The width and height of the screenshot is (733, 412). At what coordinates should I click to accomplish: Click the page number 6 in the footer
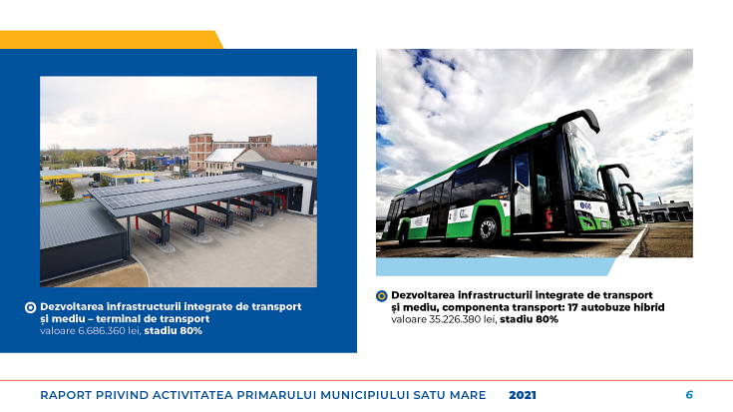point(689,395)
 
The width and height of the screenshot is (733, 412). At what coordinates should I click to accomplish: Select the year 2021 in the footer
point(523,395)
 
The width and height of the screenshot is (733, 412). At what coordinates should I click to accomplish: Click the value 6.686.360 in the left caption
point(106,330)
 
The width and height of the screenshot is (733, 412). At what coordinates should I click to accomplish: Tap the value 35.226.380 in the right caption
point(459,319)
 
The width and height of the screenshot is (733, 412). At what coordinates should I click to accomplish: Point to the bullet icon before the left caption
point(30,307)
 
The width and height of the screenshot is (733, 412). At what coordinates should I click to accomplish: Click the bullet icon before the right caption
point(381,295)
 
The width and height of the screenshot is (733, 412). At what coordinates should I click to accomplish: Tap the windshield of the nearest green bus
point(583,165)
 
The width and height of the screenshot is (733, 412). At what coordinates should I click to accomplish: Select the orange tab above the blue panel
point(110,39)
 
